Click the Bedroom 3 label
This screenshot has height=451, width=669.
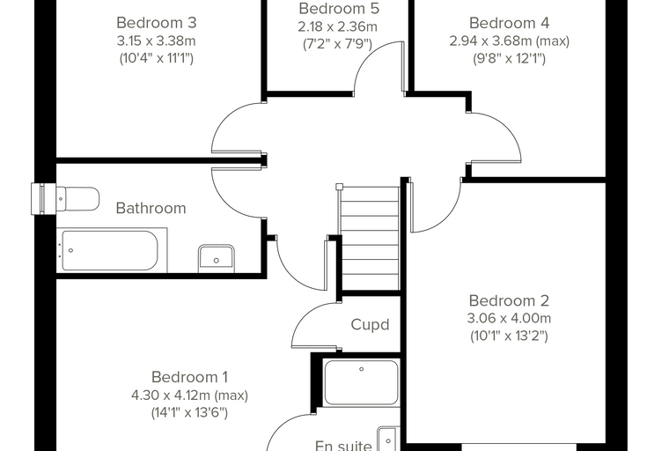tap(156, 23)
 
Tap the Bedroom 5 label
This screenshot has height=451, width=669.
tap(339, 8)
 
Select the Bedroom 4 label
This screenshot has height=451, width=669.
tap(509, 23)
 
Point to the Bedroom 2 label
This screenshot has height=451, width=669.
tap(509, 300)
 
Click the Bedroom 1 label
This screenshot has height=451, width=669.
tap(189, 377)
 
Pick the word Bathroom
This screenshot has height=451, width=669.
tap(151, 208)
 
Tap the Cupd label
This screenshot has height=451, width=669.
tap(370, 324)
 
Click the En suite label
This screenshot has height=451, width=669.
tap(343, 447)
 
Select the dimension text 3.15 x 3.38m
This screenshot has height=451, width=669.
tap(156, 41)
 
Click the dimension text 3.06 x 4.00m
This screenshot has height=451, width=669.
tap(509, 319)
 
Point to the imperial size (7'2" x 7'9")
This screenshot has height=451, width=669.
tap(337, 44)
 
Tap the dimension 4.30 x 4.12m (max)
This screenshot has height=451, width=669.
tap(189, 396)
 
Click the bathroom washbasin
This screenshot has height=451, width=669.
tap(217, 258)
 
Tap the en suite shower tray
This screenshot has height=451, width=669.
tap(361, 382)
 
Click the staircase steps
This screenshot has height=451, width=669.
tap(370, 239)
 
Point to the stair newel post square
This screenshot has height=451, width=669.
tap(340, 186)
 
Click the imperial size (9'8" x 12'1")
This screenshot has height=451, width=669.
tap(509, 58)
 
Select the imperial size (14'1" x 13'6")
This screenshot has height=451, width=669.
tap(189, 413)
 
